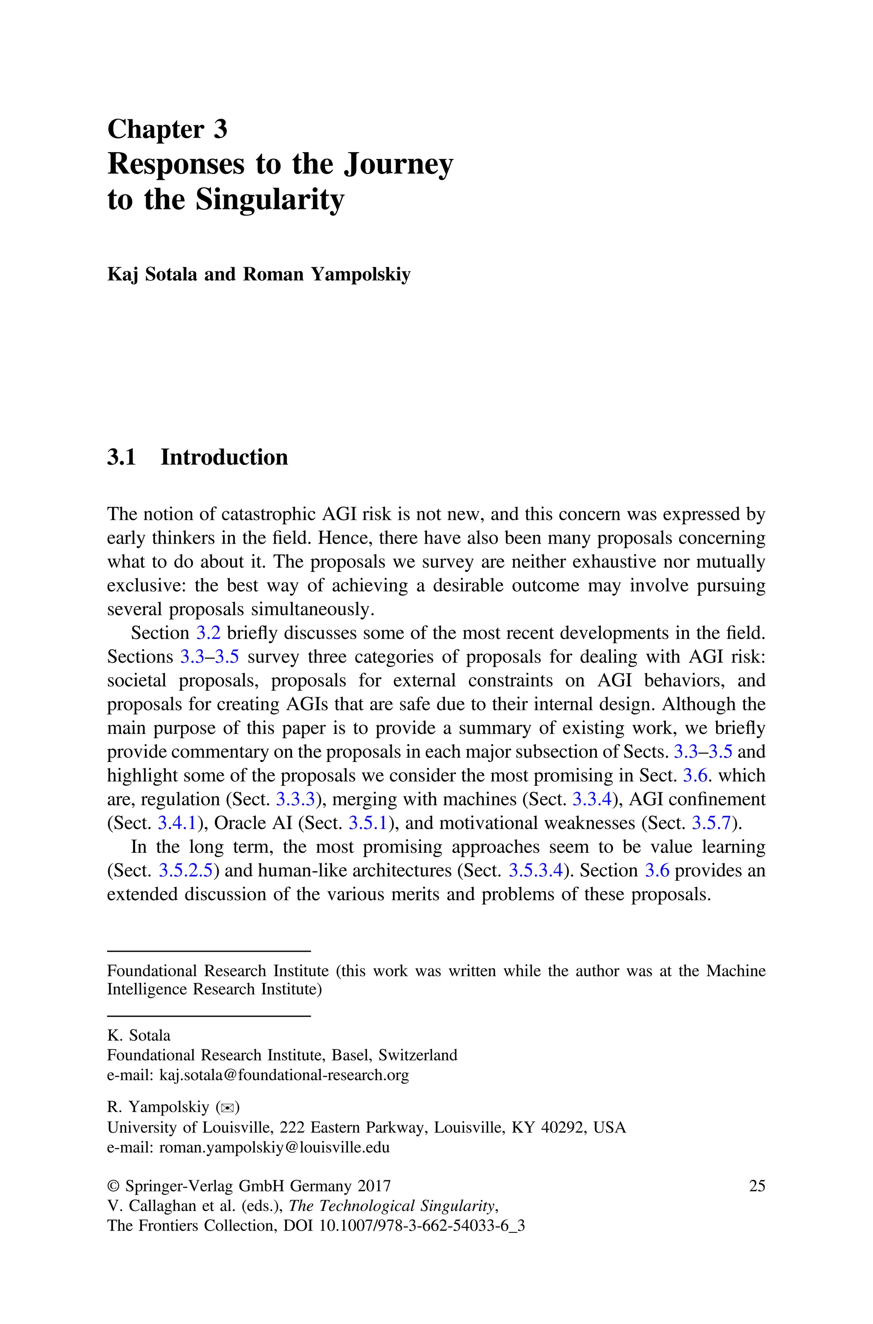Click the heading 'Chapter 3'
pyautogui.click(x=167, y=129)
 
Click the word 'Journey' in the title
pyautogui.click(x=398, y=165)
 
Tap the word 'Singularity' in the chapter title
pyautogui.click(x=269, y=200)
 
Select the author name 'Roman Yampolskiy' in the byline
pyautogui.click(x=327, y=275)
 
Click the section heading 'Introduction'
pyautogui.click(x=224, y=457)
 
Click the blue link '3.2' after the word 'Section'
pyautogui.click(x=209, y=633)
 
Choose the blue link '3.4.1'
pyautogui.click(x=178, y=823)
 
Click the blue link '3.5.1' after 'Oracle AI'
pyautogui.click(x=368, y=823)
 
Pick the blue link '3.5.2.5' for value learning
pyautogui.click(x=186, y=870)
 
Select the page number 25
pyautogui.click(x=757, y=1186)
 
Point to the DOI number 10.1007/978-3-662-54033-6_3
pyautogui.click(x=422, y=1225)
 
